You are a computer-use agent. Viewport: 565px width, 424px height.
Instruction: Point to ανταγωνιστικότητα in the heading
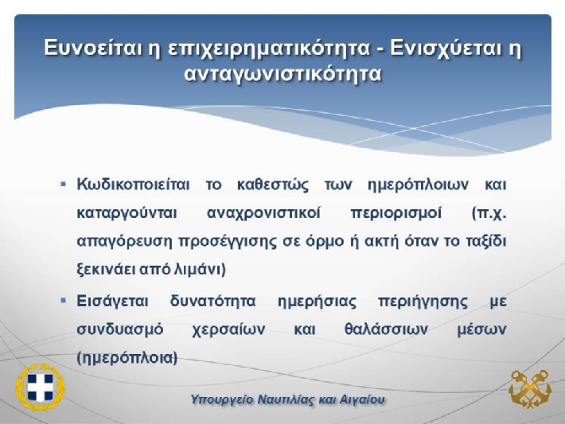(x=282, y=75)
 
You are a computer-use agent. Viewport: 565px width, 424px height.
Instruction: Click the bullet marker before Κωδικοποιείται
(x=64, y=185)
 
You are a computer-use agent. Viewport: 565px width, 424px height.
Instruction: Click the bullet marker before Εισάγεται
(x=64, y=301)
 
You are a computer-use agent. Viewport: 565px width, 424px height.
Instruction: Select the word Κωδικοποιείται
(x=134, y=185)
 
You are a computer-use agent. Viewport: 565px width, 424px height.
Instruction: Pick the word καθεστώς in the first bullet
(x=273, y=185)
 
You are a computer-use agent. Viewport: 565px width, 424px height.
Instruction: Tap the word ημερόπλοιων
(x=419, y=185)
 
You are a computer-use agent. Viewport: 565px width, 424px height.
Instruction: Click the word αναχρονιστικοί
(x=263, y=213)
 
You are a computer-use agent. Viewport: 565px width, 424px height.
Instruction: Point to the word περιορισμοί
(x=396, y=214)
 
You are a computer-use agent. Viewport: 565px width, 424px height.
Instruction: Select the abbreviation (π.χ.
(x=489, y=214)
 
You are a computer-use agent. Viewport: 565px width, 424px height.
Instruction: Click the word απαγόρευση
(x=125, y=241)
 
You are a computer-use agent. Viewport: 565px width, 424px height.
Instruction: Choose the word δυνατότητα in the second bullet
(x=212, y=301)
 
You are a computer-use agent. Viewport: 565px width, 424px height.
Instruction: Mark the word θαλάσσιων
(x=386, y=329)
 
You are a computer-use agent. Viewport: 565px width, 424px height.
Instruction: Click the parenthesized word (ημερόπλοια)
(x=127, y=358)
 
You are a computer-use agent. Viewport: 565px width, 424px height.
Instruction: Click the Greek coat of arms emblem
(x=40, y=387)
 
